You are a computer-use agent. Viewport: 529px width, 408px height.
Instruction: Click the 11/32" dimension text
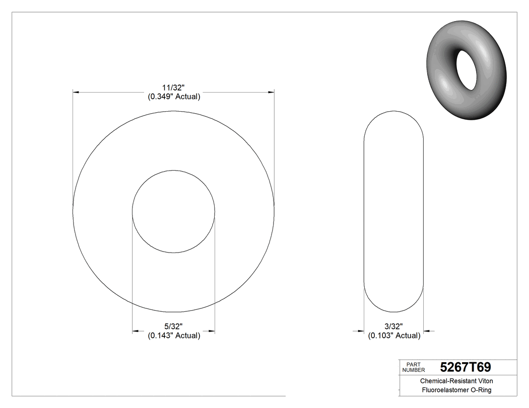pos(174,87)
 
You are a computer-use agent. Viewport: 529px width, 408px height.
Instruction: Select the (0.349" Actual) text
pos(174,97)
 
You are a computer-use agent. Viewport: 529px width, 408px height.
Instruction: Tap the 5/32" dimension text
pos(174,326)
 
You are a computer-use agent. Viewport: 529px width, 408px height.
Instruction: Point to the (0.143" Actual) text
pos(174,336)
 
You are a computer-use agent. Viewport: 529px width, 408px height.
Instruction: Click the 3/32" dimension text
pos(394,326)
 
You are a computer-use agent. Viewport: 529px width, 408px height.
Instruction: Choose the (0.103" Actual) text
pos(394,336)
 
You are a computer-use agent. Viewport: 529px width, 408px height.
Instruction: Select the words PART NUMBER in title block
pos(414,367)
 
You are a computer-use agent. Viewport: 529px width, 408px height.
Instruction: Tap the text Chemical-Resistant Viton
pos(456,381)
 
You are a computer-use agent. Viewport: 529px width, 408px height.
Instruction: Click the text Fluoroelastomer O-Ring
pos(456,390)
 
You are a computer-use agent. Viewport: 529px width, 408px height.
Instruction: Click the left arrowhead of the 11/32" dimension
pos(77,92)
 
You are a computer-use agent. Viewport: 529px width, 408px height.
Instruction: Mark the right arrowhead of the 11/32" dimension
pos(271,92)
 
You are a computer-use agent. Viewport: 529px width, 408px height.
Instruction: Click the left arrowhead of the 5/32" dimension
pos(136,331)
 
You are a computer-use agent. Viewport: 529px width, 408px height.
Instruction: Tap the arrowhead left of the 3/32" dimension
pos(360,331)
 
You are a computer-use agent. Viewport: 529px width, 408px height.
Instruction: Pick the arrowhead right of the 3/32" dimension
pos(427,331)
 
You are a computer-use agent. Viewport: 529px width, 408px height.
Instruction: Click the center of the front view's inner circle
pos(173,211)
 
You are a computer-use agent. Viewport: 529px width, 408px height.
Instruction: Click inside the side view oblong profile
pos(393,211)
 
